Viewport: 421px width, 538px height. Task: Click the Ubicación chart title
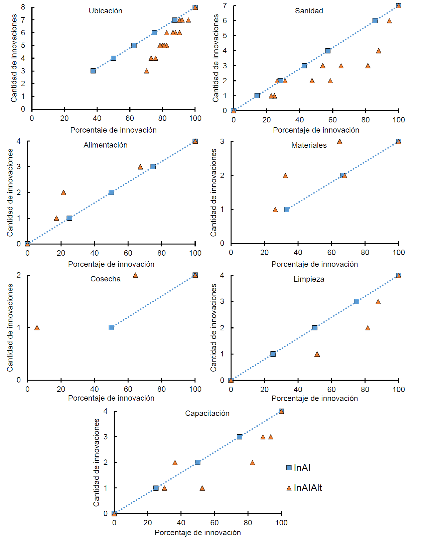pyautogui.click(x=105, y=11)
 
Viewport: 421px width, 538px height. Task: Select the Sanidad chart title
pyautogui.click(x=309, y=11)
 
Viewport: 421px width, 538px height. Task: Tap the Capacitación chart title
pyautogui.click(x=207, y=413)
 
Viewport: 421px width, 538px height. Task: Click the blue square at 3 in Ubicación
pyautogui.click(x=93, y=71)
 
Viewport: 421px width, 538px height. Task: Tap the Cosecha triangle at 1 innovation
pyautogui.click(x=37, y=328)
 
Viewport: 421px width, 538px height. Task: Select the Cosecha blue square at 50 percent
pyautogui.click(x=111, y=328)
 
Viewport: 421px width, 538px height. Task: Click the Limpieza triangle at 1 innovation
pyautogui.click(x=317, y=354)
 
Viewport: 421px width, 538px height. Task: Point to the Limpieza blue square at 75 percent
pyautogui.click(x=356, y=301)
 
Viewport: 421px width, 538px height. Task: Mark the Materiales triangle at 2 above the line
pyautogui.click(x=285, y=176)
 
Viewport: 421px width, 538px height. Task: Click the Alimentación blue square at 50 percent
pyautogui.click(x=111, y=192)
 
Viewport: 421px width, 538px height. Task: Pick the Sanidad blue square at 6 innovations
pyautogui.click(x=375, y=21)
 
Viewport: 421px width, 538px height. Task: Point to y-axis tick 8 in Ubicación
pyautogui.click(x=23, y=7)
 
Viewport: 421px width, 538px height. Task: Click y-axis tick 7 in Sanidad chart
pyautogui.click(x=225, y=6)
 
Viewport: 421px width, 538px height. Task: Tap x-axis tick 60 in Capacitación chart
pyautogui.click(x=214, y=523)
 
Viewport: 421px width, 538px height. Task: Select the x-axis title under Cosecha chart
pyautogui.click(x=111, y=398)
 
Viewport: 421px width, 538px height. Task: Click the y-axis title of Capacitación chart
pyautogui.click(x=96, y=462)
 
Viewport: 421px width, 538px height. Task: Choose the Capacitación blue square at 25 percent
pyautogui.click(x=156, y=488)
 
